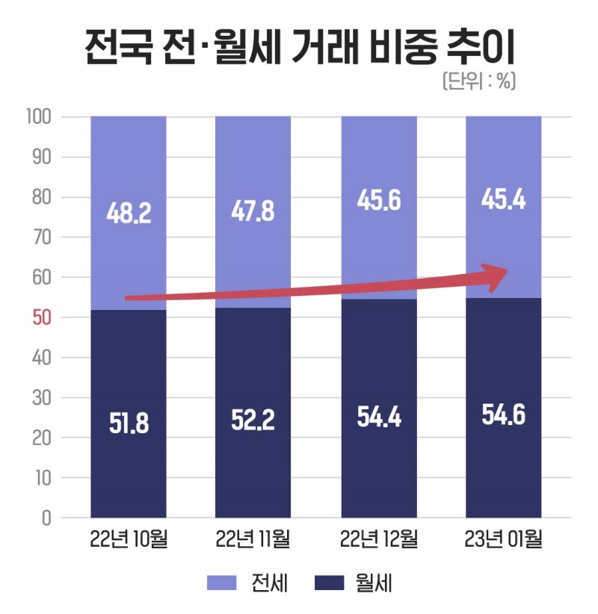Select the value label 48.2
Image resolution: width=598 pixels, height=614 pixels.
(x=129, y=213)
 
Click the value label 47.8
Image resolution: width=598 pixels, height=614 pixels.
(x=253, y=213)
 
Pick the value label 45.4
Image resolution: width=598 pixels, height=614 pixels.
(x=503, y=201)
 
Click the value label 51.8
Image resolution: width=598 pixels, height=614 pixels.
(x=129, y=424)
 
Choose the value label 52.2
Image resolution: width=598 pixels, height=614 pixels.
(x=253, y=420)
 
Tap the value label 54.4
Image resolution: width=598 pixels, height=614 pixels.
(x=379, y=417)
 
